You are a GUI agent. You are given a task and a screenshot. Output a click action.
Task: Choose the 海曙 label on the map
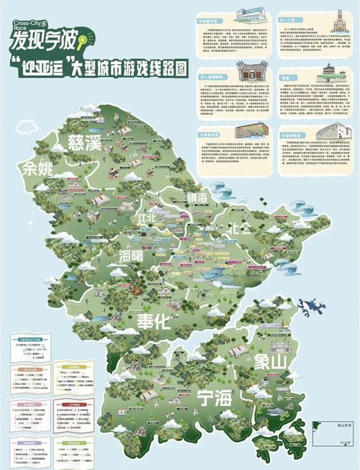pos(136,256)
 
